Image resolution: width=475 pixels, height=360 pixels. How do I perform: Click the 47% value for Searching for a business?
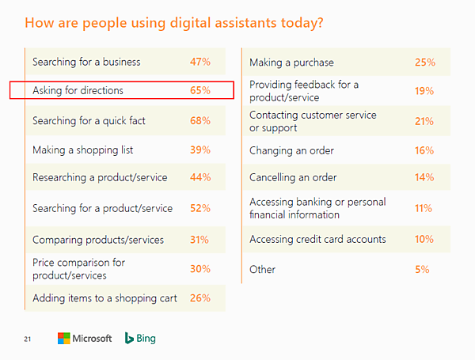tap(199, 62)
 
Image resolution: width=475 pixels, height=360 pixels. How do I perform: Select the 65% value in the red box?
tap(199, 91)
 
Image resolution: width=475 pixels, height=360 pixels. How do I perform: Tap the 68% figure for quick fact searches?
tap(199, 121)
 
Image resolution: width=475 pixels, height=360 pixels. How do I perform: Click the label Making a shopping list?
tap(82, 150)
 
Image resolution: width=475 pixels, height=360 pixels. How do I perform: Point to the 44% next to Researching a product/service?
tap(199, 178)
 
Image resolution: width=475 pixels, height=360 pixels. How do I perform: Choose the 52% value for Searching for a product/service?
tap(199, 209)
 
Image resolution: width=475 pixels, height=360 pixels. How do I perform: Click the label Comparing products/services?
tap(98, 240)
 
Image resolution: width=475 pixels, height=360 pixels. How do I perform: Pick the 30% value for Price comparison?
tap(199, 269)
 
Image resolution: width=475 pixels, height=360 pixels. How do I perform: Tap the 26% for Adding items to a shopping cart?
tap(199, 299)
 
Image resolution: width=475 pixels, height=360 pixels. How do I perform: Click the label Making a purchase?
tap(291, 63)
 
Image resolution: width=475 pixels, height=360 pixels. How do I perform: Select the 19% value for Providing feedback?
tap(424, 91)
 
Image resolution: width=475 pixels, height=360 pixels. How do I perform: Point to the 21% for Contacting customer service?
tap(424, 121)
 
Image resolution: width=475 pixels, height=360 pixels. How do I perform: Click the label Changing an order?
tap(291, 150)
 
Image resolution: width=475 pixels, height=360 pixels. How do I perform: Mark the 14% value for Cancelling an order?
tap(424, 178)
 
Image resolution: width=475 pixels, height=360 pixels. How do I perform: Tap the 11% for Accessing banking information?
tap(424, 209)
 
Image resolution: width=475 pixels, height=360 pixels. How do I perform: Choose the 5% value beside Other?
tap(421, 270)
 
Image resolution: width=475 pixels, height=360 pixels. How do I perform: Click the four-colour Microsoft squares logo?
tap(65, 339)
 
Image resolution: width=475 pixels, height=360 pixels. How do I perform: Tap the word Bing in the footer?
tap(146, 339)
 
